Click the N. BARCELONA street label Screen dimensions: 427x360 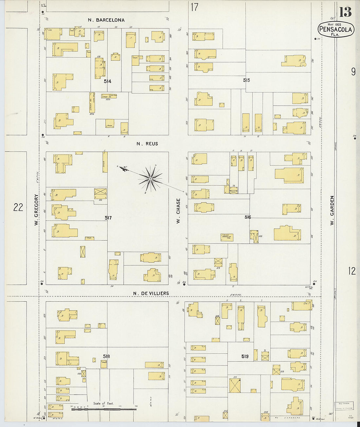coord(106,20)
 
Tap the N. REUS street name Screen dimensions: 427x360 coord(147,144)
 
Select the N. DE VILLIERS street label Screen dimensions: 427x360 coord(151,294)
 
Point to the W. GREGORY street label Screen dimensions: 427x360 coord(36,210)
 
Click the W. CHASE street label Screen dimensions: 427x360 coord(178,211)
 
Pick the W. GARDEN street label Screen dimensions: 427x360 coord(332,210)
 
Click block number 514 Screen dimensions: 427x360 coord(107,81)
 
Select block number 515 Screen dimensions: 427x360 coord(246,80)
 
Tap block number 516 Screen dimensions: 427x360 coord(247,217)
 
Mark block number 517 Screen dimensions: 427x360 coord(108,218)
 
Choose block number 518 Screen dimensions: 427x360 coord(106,356)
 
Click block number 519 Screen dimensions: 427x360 coord(245,356)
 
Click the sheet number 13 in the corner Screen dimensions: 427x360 coord(345,12)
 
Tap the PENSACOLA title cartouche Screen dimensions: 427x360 coord(335,29)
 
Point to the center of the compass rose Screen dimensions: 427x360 coord(150,179)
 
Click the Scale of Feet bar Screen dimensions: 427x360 coord(104,409)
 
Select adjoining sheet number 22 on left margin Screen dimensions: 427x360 coord(18,207)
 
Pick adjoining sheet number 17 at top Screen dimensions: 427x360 coord(194,7)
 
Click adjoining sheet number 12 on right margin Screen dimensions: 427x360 coord(352,271)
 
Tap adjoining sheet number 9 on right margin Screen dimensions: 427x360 coord(353,72)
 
